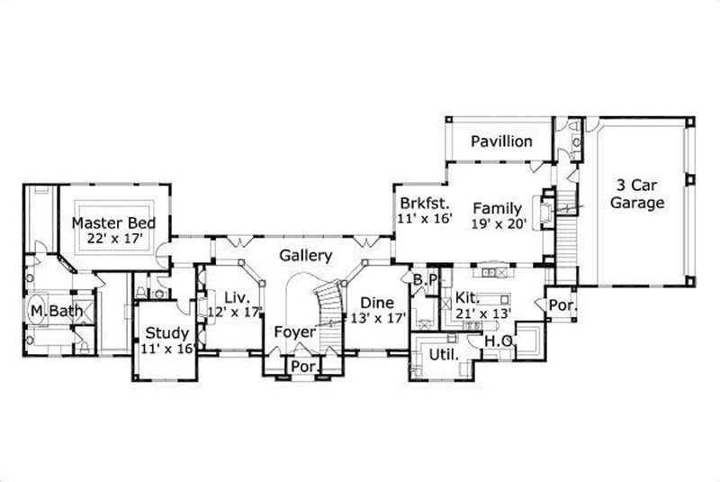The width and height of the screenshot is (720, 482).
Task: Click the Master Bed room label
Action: coord(113,223)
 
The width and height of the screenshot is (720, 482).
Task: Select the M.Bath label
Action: coord(56,312)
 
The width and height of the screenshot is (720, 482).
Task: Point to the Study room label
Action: coord(167,334)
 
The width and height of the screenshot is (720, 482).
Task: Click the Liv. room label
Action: coord(236,296)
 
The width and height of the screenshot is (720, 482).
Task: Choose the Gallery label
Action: coord(305,256)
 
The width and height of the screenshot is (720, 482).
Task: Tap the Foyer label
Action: coord(295,332)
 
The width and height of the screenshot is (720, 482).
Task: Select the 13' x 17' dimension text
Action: coord(379,318)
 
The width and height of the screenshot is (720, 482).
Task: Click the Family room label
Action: coord(498,209)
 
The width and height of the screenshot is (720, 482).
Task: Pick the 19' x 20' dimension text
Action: coord(498,224)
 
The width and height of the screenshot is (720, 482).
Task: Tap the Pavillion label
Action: coord(501,141)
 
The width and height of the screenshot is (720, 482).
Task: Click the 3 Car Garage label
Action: coord(637,194)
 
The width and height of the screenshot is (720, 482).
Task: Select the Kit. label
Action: coord(466,296)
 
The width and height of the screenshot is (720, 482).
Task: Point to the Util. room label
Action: coord(442,354)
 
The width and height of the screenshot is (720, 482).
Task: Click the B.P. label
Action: coord(425,280)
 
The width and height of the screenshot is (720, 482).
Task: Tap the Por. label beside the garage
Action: coord(562,306)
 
